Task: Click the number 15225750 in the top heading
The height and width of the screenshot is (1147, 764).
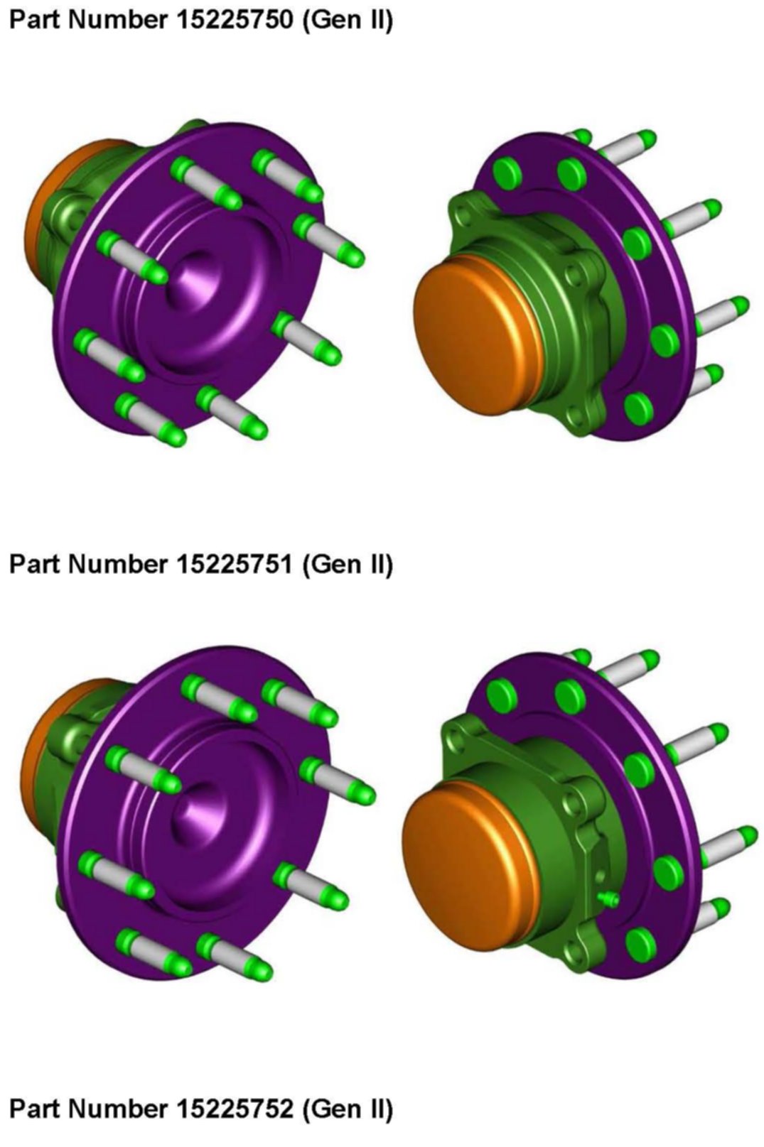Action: (235, 20)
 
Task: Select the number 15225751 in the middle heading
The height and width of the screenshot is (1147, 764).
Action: (235, 564)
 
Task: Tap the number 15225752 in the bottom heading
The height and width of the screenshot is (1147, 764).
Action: (235, 1109)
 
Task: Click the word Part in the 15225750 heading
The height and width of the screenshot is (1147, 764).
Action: (36, 20)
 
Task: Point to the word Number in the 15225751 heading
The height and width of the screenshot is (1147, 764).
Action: (117, 564)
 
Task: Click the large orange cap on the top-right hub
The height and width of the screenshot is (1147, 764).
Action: (470, 334)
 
